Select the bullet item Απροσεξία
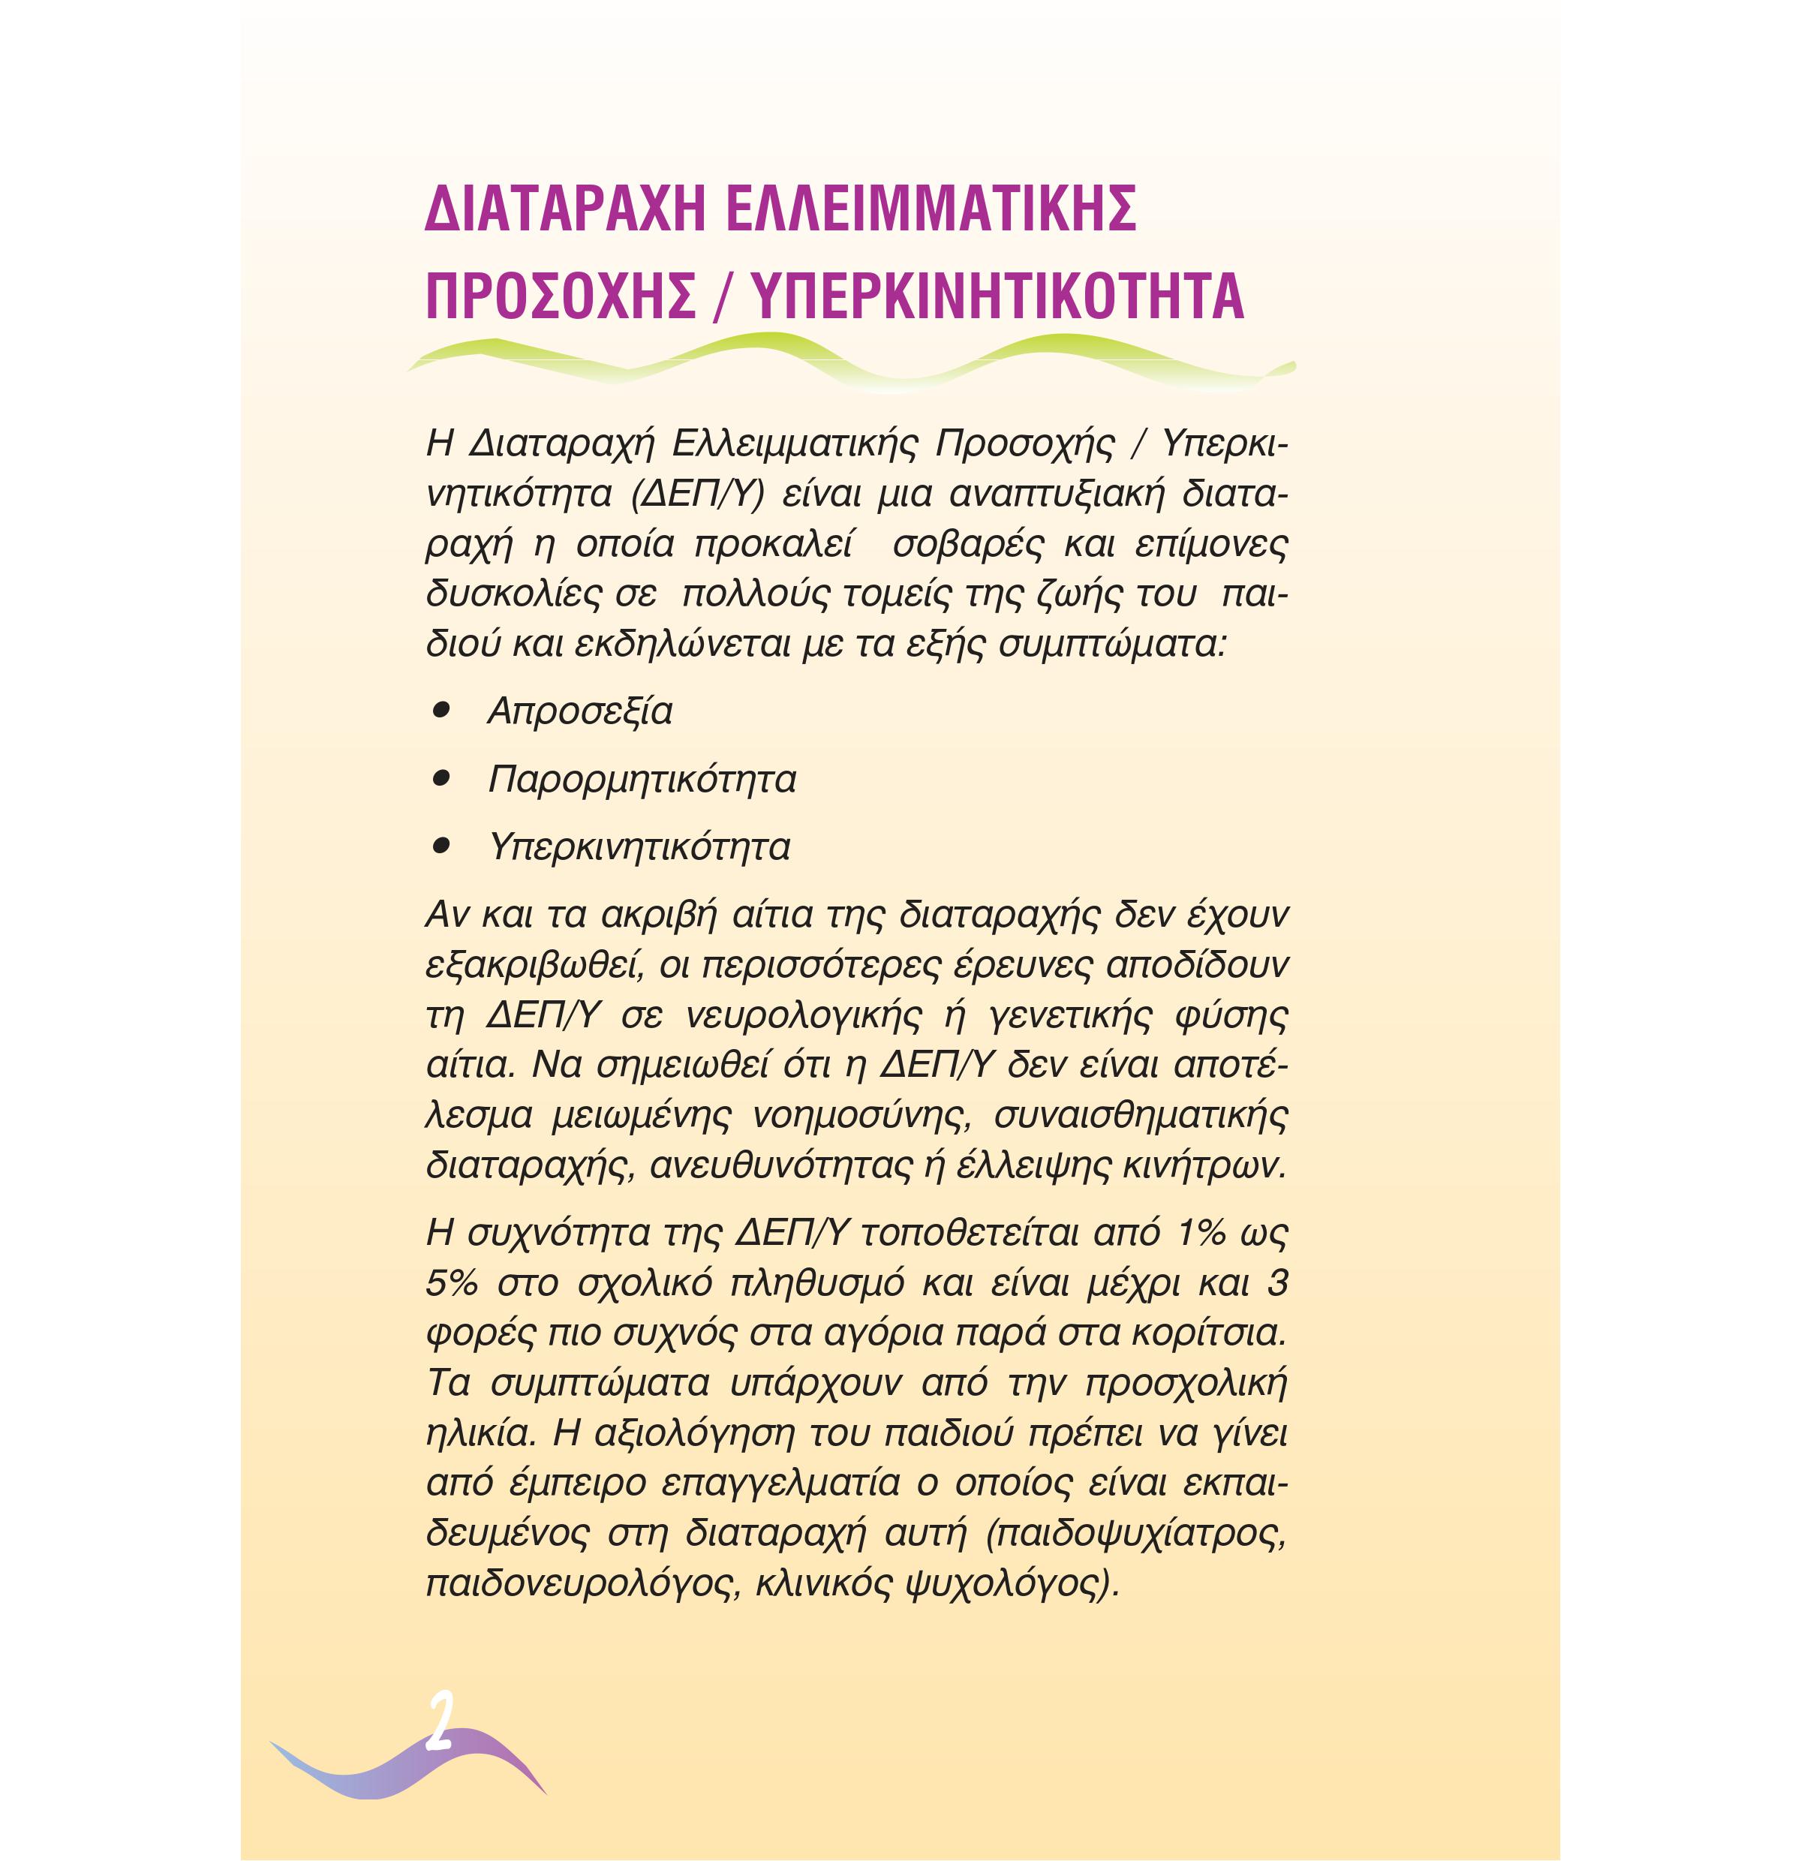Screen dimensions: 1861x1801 click(x=579, y=712)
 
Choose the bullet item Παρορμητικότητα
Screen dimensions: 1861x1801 click(x=642, y=780)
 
